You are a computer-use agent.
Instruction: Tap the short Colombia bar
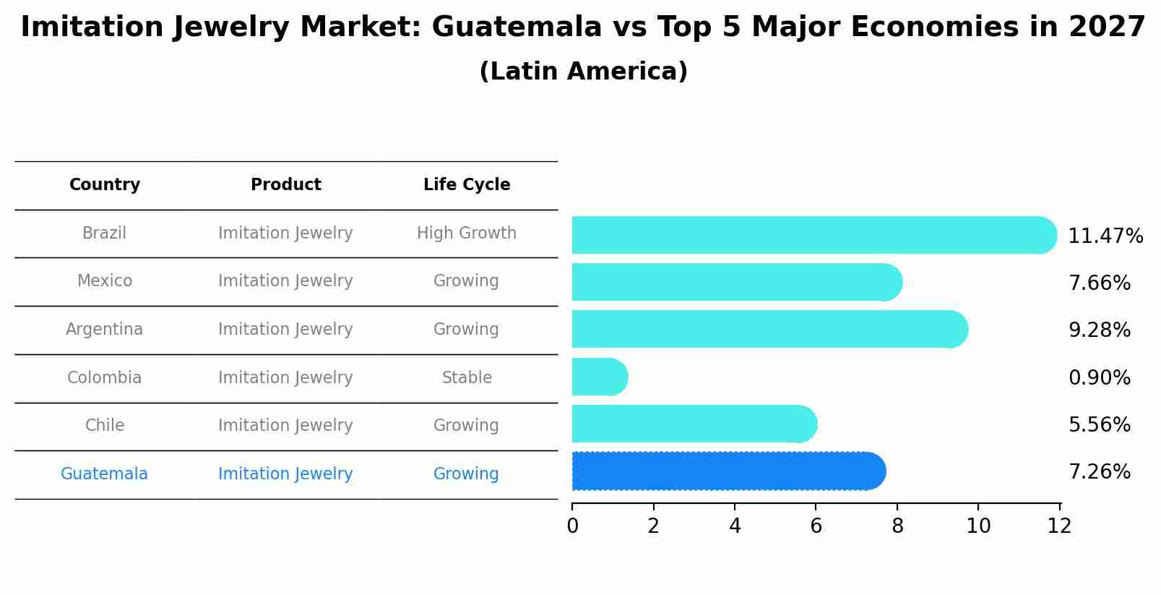coord(599,377)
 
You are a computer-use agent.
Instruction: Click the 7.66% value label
coord(1099,283)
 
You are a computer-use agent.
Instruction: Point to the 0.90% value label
coord(1099,377)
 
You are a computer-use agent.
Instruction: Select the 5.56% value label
coord(1099,424)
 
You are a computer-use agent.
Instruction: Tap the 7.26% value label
coord(1099,472)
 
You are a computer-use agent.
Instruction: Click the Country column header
coord(105,185)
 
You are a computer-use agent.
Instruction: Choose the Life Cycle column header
coord(467,185)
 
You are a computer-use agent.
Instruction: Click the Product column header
coord(285,185)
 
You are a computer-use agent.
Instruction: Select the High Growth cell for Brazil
coord(467,233)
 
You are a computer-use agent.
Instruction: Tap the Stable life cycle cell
coord(467,377)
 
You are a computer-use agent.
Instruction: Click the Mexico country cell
coord(105,281)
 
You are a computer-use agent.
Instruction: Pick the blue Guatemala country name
coord(105,474)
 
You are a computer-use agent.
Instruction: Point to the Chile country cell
coord(105,425)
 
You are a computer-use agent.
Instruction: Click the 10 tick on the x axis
coord(978,526)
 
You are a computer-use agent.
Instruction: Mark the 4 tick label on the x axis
coord(735,526)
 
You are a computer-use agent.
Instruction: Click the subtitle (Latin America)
coord(583,72)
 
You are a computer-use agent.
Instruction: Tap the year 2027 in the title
coord(1107,27)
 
